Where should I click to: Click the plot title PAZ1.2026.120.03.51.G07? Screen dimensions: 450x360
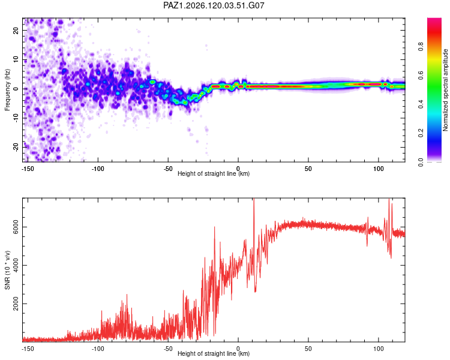click(x=214, y=5)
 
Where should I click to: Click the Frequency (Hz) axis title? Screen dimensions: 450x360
click(x=7, y=90)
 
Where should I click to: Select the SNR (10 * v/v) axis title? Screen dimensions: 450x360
click(x=7, y=270)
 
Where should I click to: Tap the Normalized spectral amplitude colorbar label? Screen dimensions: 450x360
click(x=445, y=90)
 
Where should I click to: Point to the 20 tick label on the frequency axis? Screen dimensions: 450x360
click(x=16, y=30)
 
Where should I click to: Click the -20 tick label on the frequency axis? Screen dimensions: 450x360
click(x=16, y=147)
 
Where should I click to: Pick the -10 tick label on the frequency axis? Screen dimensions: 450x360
click(x=16, y=118)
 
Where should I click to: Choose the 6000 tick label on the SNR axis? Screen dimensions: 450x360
click(x=16, y=227)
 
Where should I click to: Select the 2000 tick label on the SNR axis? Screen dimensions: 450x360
click(x=16, y=304)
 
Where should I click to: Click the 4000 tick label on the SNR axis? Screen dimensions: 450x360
click(x=16, y=265)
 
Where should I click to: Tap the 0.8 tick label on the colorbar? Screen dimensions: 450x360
click(x=421, y=47)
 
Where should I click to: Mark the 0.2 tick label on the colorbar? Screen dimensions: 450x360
click(x=421, y=133)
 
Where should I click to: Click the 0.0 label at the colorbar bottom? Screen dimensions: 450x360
click(x=421, y=162)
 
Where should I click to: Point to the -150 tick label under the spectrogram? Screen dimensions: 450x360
click(x=28, y=169)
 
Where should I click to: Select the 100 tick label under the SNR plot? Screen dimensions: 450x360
click(x=379, y=349)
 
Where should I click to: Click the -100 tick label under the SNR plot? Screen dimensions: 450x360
click(x=98, y=349)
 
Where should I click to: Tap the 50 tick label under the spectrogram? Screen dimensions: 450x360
click(x=308, y=169)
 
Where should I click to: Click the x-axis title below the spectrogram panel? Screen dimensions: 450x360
click(x=214, y=173)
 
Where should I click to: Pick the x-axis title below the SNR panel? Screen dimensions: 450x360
click(x=214, y=353)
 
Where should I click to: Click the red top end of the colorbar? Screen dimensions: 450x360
click(x=434, y=20)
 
